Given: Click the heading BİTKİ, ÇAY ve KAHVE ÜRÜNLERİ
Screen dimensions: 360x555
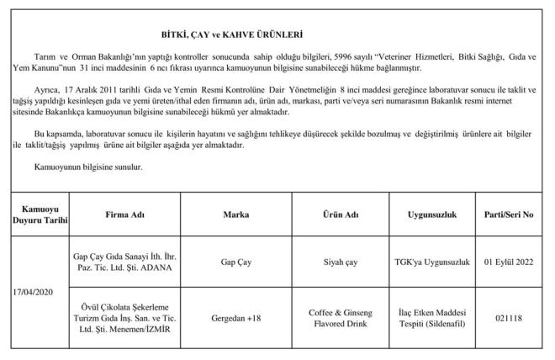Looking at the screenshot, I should (231, 35).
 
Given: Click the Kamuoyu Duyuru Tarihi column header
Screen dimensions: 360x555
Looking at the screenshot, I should (36, 215).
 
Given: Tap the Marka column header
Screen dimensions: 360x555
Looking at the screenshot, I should (235, 215).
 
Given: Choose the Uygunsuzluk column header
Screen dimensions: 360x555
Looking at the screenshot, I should (431, 215).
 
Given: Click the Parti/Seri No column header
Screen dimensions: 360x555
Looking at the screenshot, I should (510, 215).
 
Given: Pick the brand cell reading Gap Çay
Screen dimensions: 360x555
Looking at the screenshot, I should (235, 262).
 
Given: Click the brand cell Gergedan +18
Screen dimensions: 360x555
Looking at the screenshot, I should (235, 320).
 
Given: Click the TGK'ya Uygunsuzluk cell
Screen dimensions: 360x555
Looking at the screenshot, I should (431, 262).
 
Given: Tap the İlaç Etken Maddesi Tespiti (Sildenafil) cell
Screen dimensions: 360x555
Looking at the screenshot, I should (431, 320).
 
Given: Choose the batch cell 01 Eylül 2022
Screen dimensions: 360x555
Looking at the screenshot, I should (510, 262).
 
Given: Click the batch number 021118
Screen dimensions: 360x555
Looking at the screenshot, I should (510, 320).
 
